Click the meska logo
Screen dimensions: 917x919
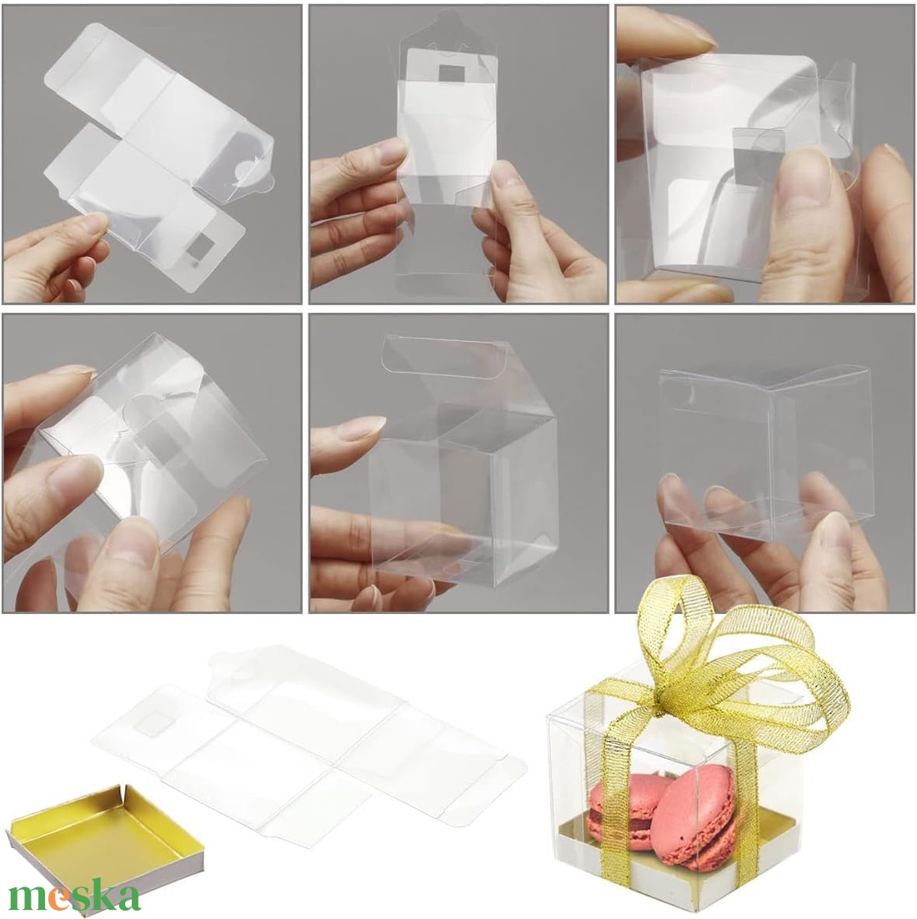(74, 896)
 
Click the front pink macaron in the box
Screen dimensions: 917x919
(694, 817)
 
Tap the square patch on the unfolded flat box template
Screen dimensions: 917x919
(151, 725)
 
